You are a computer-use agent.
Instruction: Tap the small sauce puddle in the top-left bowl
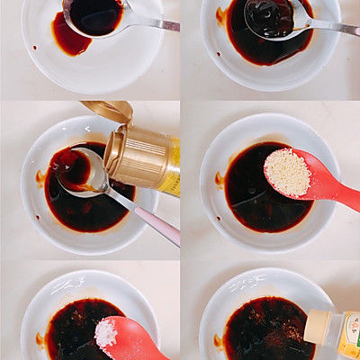[69, 39]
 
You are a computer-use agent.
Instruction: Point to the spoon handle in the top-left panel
[153, 22]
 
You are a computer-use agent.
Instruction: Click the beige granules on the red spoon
[287, 172]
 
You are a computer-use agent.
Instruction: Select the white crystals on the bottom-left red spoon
[106, 333]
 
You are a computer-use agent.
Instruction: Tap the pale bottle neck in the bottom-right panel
[319, 326]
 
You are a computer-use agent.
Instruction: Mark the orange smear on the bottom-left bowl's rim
[40, 340]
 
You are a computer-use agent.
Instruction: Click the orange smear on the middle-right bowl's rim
[220, 180]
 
